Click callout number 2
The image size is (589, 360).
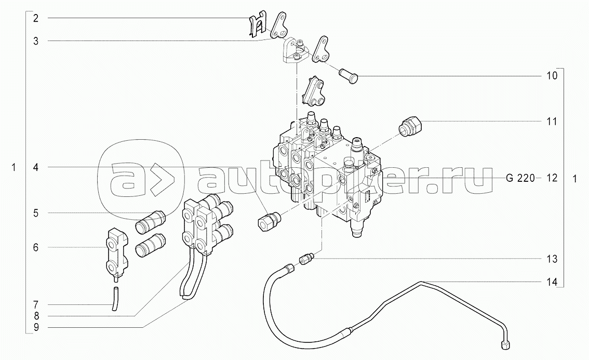(35, 19)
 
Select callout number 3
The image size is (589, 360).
(35, 41)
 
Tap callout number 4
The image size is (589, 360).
(35, 167)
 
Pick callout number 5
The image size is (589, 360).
(35, 213)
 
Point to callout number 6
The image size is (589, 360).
(35, 248)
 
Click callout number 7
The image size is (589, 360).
(35, 304)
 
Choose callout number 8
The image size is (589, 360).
(35, 316)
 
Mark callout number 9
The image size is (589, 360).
(35, 327)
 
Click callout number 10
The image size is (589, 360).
(552, 76)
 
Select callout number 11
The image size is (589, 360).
(552, 122)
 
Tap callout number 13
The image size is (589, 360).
(552, 259)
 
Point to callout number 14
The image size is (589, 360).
(552, 282)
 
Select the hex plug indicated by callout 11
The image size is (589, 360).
(410, 127)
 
